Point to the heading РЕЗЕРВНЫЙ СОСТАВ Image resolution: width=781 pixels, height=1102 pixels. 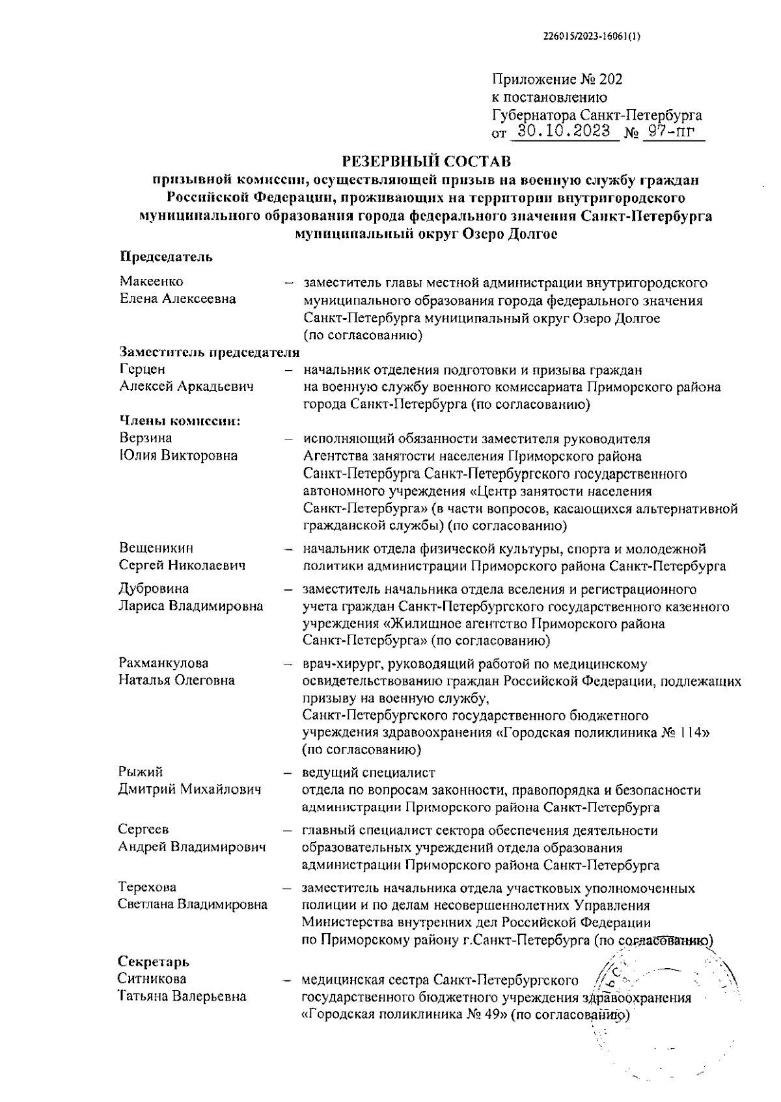coord(426,161)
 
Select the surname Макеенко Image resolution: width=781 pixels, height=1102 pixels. coord(151,282)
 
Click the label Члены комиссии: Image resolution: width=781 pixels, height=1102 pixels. coord(180,421)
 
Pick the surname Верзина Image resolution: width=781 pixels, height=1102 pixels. coord(146,438)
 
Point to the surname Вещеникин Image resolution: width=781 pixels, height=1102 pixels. coord(156,548)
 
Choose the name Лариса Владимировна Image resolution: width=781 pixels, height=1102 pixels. coord(190,606)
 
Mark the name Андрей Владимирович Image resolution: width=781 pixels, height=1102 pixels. coord(192,847)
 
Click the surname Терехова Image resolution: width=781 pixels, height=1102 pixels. coord(147,887)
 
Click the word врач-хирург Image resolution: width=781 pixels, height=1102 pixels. coord(337,664)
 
